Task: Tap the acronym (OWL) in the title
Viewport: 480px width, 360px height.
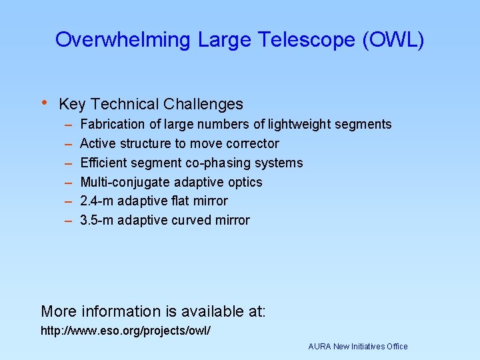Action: coord(393,40)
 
